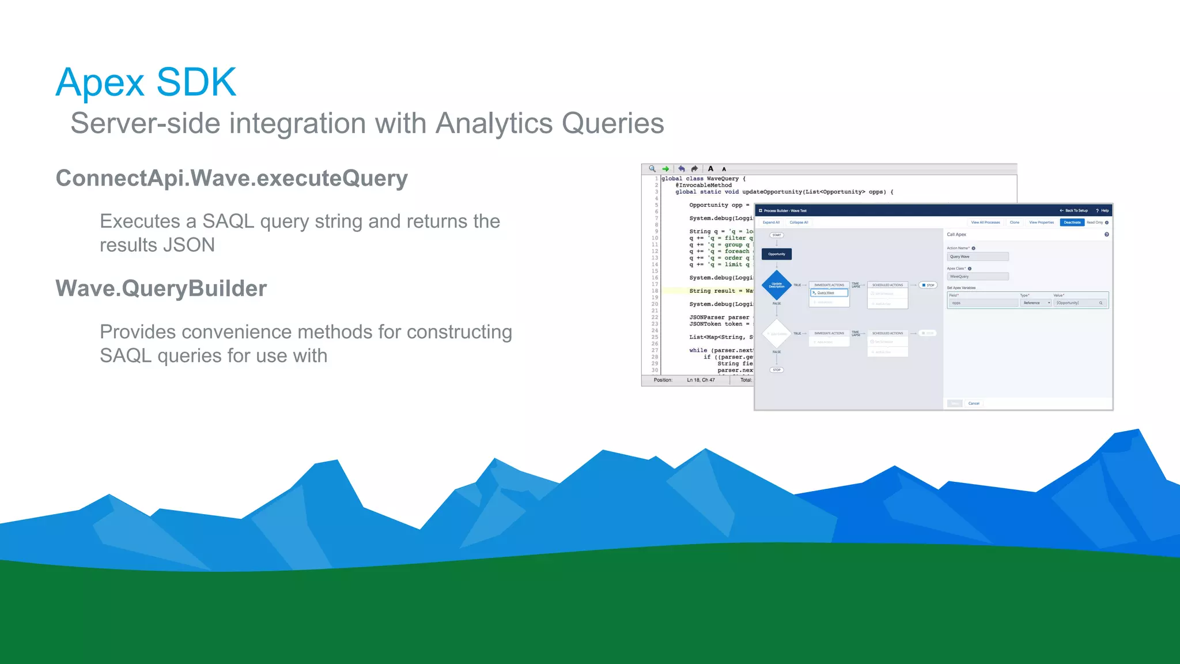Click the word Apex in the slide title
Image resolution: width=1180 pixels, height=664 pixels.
(x=100, y=82)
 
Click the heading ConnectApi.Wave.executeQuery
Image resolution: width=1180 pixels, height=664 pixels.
(x=232, y=178)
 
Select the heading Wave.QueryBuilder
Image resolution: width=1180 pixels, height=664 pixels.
(x=161, y=288)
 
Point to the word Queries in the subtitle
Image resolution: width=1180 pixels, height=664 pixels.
(x=612, y=123)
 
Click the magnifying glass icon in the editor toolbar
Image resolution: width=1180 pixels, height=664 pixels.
(x=652, y=169)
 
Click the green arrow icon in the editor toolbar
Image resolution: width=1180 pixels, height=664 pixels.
(x=665, y=169)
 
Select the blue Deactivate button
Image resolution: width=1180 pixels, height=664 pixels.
(x=1072, y=222)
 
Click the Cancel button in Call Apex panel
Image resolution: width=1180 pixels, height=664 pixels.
(x=974, y=403)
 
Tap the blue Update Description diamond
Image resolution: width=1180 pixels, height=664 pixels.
(x=776, y=285)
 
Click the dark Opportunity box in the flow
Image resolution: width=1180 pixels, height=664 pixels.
(x=776, y=254)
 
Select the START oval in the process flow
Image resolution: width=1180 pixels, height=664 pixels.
(x=776, y=235)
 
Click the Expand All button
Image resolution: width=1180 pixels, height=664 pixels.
(x=771, y=222)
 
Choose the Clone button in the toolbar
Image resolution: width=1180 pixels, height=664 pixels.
(x=1014, y=222)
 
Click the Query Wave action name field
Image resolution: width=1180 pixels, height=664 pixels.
(x=977, y=256)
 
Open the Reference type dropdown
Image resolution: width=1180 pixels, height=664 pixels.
(x=1035, y=303)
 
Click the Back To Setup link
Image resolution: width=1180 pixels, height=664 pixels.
(x=1074, y=210)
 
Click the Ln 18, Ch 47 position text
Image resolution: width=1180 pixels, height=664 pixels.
(x=701, y=380)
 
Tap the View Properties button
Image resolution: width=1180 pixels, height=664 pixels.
(x=1041, y=222)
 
